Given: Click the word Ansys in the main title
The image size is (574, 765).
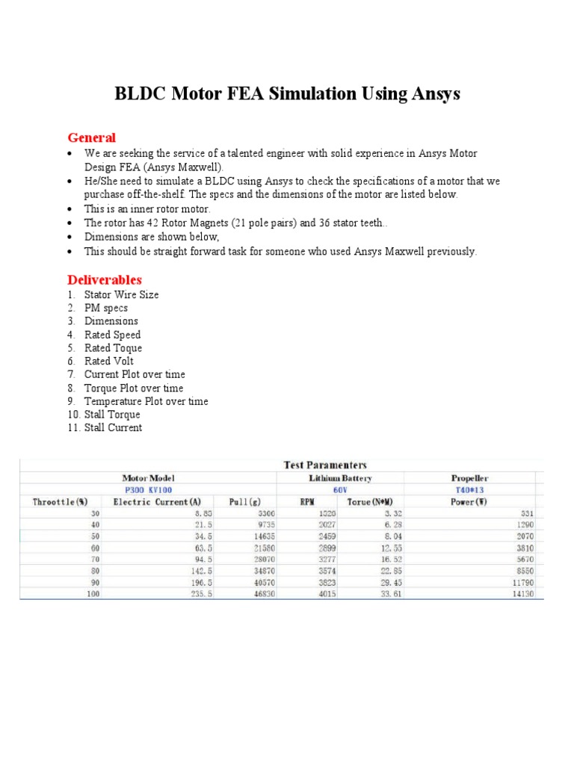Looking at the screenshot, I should coord(433,94).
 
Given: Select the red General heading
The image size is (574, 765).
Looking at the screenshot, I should coord(91,137).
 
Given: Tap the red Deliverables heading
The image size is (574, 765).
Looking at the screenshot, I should coord(105,279).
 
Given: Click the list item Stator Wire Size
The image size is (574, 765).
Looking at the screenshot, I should coord(121,294).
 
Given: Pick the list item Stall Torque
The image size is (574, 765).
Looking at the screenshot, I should coord(112,415).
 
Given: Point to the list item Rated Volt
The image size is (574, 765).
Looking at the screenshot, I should coord(108,361).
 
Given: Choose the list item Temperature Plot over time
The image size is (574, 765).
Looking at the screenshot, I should coord(146,401).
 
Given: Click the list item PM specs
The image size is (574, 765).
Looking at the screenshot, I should coord(105,308).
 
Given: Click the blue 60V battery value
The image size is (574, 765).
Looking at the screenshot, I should coord(340,490).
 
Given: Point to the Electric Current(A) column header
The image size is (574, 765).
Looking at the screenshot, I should coord(157,502).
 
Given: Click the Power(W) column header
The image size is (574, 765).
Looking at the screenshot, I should coord(469,502).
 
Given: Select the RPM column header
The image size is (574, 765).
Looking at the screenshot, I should coord(307,502).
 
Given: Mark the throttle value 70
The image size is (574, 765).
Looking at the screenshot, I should coord(96,557).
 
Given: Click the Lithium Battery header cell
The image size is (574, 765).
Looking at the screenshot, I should coord(340,477).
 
